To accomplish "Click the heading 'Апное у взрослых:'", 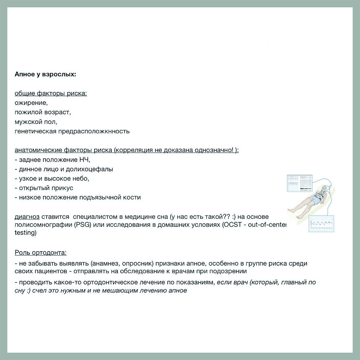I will [45, 74].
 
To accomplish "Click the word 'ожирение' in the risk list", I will [31, 103].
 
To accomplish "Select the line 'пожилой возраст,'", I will [43, 112].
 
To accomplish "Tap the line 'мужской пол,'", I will [36, 122].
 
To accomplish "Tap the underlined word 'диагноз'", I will [27, 217].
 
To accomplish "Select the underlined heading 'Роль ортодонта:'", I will [41, 253].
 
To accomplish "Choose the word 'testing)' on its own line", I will [25, 233].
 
